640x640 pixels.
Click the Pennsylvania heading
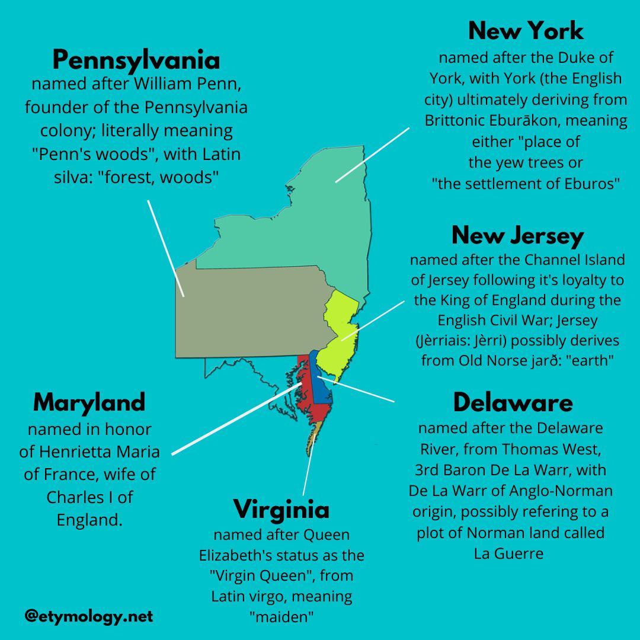(136, 60)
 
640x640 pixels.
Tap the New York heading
(526, 30)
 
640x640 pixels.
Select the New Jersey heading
(517, 235)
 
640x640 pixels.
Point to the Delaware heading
(513, 403)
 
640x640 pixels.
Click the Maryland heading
(89, 402)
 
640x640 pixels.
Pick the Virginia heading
(281, 509)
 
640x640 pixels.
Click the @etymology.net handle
(89, 616)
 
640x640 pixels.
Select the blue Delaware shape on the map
(322, 385)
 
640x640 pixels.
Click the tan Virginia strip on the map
(314, 436)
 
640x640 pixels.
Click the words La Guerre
(508, 554)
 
